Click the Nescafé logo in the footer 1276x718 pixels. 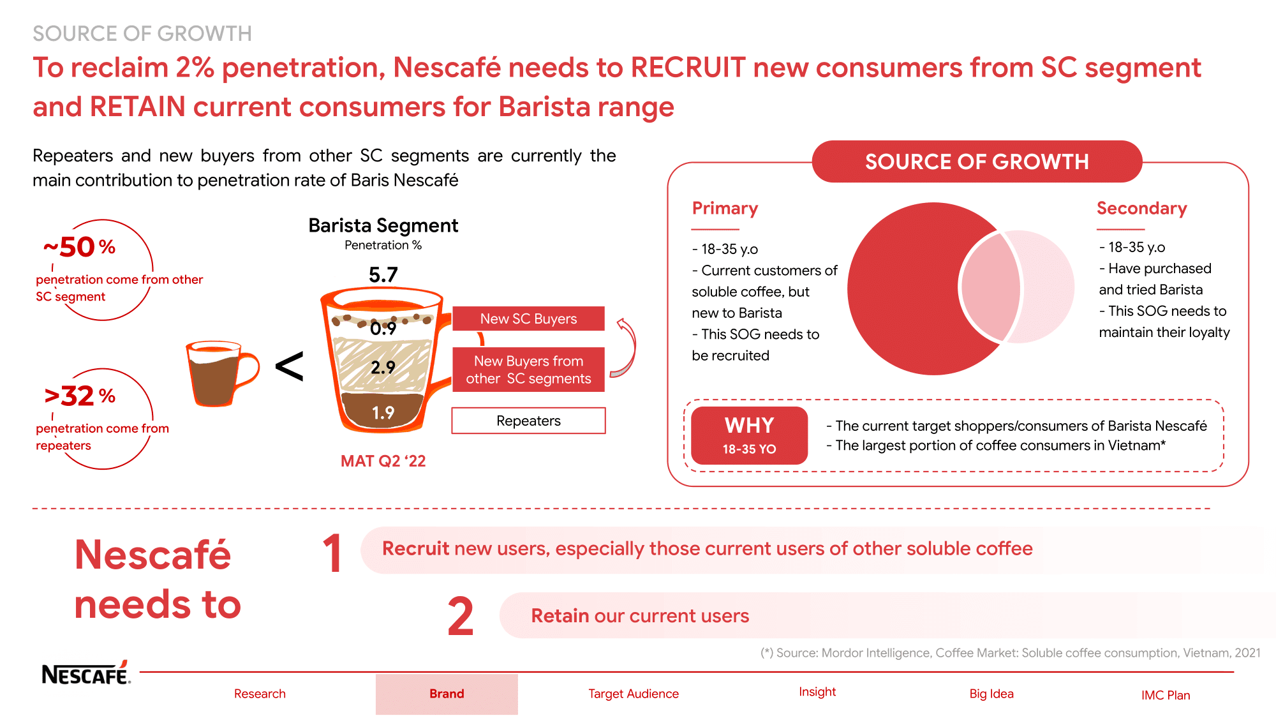coord(85,673)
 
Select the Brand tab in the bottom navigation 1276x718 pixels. coord(447,694)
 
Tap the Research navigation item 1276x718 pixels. coord(260,694)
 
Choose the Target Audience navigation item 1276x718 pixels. coord(633,694)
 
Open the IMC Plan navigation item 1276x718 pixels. coord(1166,695)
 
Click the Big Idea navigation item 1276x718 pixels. coord(991,694)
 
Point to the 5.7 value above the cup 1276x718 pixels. coord(383,275)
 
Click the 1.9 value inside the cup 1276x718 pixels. coord(383,413)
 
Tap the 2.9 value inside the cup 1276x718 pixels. coord(383,368)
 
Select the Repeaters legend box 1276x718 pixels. coord(528,421)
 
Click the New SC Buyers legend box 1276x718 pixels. coord(528,318)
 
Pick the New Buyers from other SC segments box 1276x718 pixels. coord(528,370)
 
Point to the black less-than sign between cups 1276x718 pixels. coord(289,367)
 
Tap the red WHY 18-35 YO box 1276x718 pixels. coord(749,435)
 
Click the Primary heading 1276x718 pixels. coord(725,209)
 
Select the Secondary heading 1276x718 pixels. coord(1141,209)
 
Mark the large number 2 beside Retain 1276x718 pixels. coord(461,617)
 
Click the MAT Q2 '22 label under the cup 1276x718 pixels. coord(383,461)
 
